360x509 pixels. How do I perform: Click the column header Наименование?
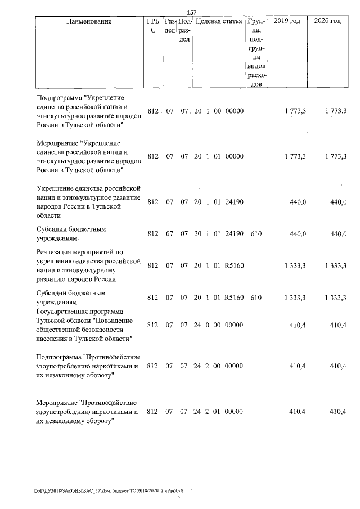pos(89,21)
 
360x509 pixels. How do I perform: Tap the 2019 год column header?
pos(286,21)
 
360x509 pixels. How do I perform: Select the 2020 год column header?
pos(327,21)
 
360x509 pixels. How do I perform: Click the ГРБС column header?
pos(152,26)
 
